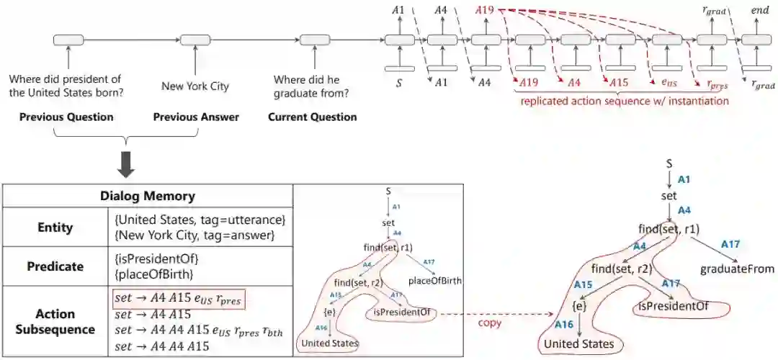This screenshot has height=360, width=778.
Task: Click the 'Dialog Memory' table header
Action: click(x=147, y=195)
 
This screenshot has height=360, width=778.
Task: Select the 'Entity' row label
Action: click(x=55, y=228)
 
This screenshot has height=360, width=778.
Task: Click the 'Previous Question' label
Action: click(x=66, y=117)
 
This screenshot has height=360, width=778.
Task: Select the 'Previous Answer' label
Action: click(x=196, y=117)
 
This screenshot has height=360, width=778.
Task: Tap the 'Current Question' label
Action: click(x=312, y=117)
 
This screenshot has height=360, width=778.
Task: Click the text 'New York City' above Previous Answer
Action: click(x=195, y=86)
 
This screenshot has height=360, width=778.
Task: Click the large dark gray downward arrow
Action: click(x=127, y=165)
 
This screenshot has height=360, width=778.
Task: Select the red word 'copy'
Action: click(x=491, y=323)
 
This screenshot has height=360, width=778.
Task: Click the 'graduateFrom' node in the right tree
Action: click(x=737, y=269)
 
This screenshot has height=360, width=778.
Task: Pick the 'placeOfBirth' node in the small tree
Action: click(x=436, y=280)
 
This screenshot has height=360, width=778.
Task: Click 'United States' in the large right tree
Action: click(x=578, y=344)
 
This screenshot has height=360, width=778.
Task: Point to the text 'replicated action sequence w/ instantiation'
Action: click(x=624, y=102)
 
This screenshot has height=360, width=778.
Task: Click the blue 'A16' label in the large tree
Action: click(x=564, y=325)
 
